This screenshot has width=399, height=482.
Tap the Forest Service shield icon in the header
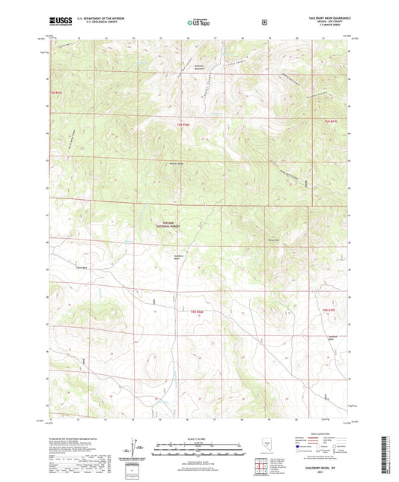[x=263, y=22]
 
